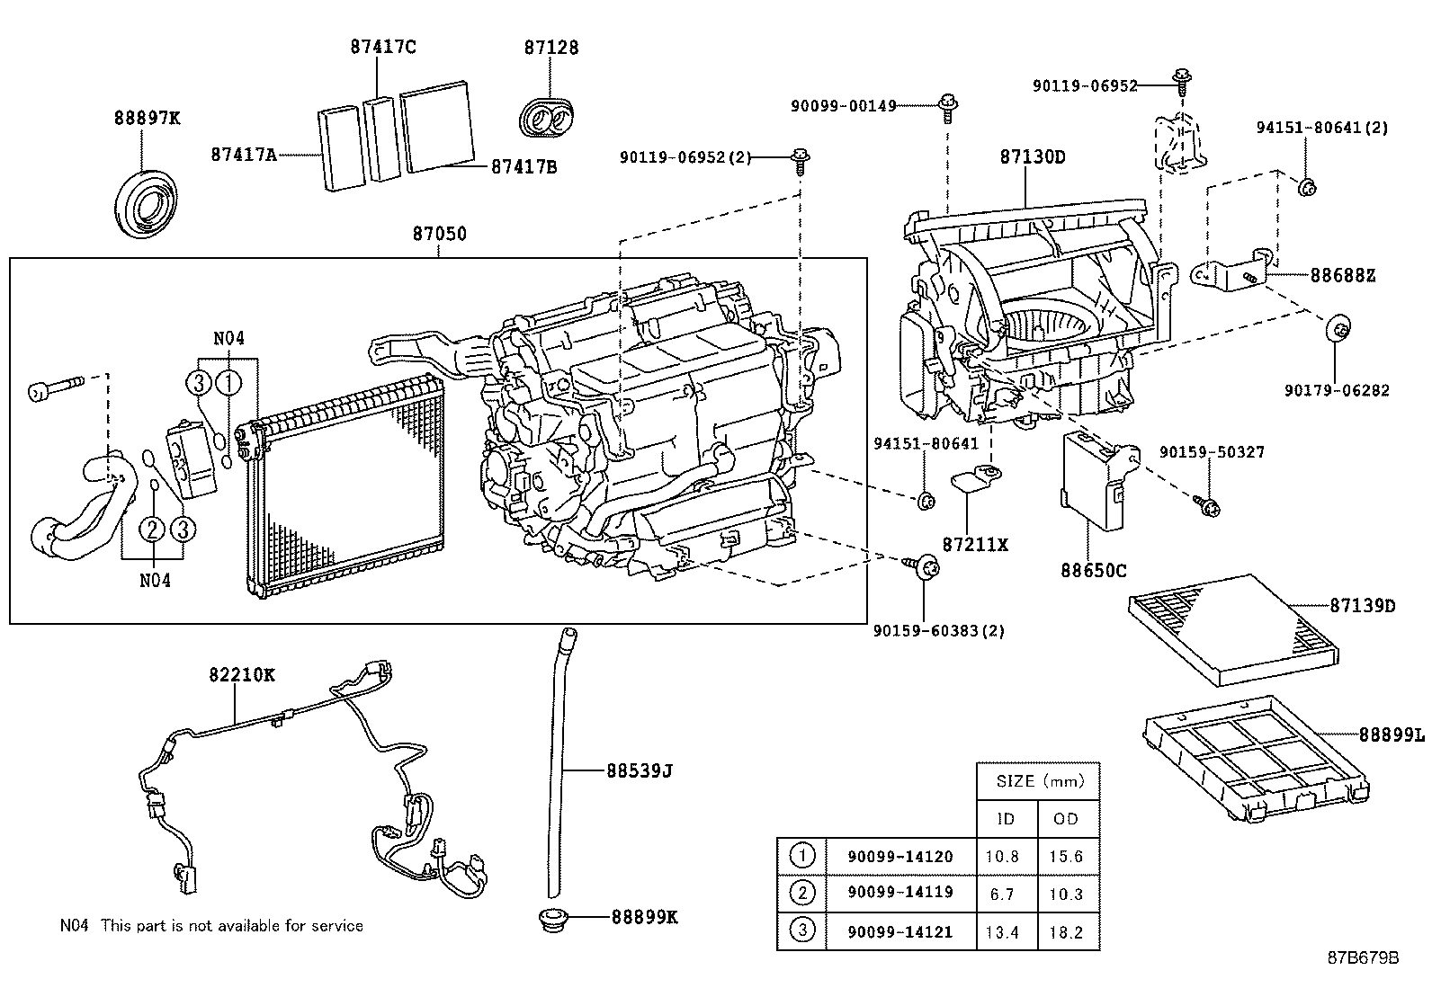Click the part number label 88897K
(x=147, y=117)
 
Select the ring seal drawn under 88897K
(x=147, y=201)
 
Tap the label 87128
(x=551, y=48)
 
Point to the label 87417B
(x=524, y=166)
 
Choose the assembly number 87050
(x=440, y=234)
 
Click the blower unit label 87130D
(x=1032, y=156)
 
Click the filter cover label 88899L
(x=1391, y=735)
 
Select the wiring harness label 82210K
(x=242, y=674)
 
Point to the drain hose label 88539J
(x=640, y=770)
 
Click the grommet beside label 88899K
(x=550, y=921)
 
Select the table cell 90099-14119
(x=899, y=893)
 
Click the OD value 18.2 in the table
(x=1066, y=932)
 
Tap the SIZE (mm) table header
(x=1040, y=781)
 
